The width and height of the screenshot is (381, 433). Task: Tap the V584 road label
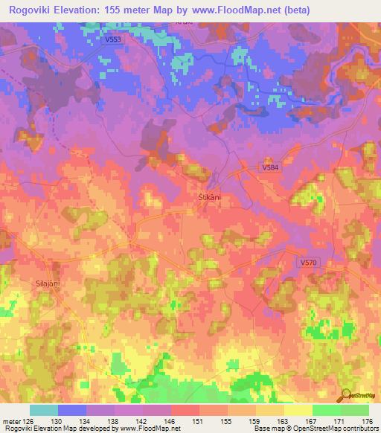point(272,168)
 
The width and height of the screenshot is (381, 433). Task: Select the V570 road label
point(308,263)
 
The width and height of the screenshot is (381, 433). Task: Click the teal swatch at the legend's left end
point(44,410)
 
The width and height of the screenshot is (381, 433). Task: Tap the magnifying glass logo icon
point(345,395)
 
